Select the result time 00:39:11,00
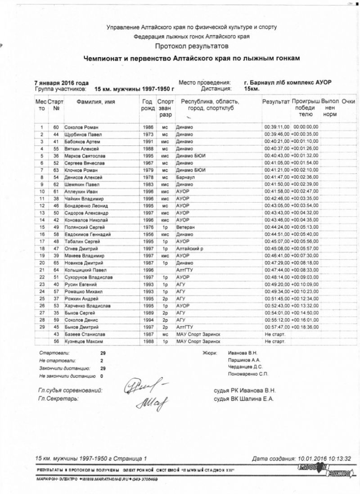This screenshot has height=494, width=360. click(276, 127)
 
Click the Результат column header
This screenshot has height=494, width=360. click(276, 102)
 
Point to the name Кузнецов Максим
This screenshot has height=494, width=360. click(83, 342)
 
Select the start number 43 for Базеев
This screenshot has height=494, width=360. click(56, 335)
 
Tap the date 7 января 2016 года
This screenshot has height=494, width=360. click(61, 83)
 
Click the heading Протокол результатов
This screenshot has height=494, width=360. click(192, 46)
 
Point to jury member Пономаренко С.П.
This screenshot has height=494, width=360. click(248, 374)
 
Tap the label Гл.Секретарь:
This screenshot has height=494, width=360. click(59, 399)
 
